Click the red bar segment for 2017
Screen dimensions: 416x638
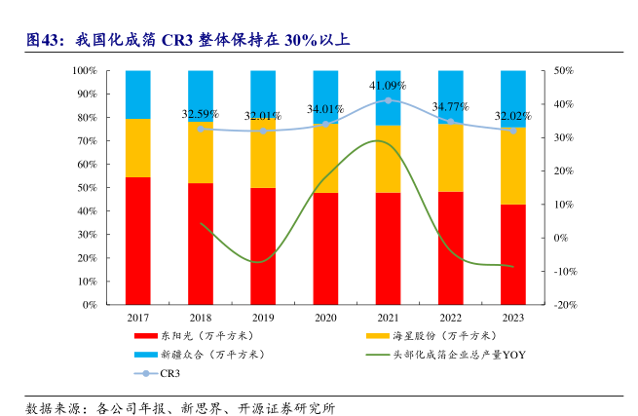[x=138, y=241]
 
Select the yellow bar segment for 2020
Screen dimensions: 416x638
[x=325, y=158]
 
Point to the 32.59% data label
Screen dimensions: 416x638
[x=200, y=114]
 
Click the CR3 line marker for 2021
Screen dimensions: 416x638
[x=388, y=100]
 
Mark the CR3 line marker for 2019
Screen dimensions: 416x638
[x=263, y=131]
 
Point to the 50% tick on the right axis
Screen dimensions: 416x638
[x=565, y=71]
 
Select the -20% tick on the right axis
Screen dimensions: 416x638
[x=567, y=305]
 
